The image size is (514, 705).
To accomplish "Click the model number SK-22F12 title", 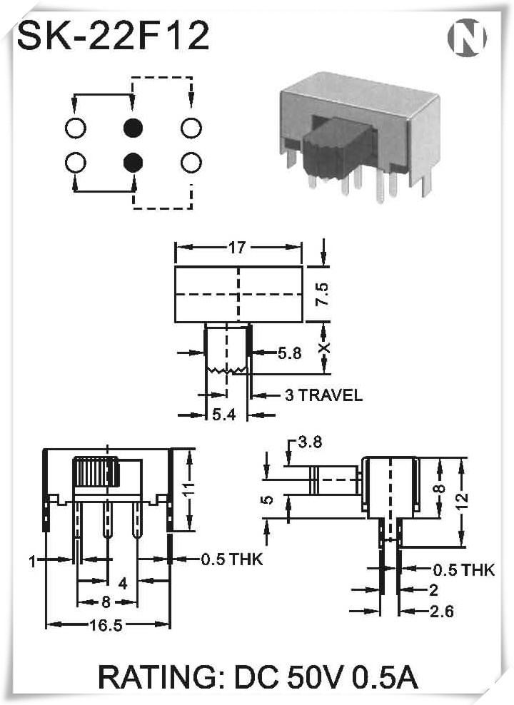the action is (114, 35).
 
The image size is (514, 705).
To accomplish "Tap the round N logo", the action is (467, 38).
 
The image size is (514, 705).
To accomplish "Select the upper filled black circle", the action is (133, 128).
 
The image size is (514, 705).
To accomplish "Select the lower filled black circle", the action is (133, 162).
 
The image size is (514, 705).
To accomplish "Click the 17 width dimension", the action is (237, 248).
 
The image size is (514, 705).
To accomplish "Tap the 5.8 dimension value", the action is (289, 353).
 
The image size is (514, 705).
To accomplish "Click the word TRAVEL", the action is (331, 395).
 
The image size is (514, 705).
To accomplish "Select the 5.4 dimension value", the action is (224, 415).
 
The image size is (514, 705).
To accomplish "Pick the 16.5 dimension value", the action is (106, 625).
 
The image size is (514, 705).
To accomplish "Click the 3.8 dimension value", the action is (311, 442).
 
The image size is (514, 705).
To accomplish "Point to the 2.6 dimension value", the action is (442, 612).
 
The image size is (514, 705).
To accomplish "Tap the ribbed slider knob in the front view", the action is (96, 471).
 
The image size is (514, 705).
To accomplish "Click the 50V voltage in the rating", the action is (316, 677).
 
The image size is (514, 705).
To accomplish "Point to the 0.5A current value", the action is (385, 677).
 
